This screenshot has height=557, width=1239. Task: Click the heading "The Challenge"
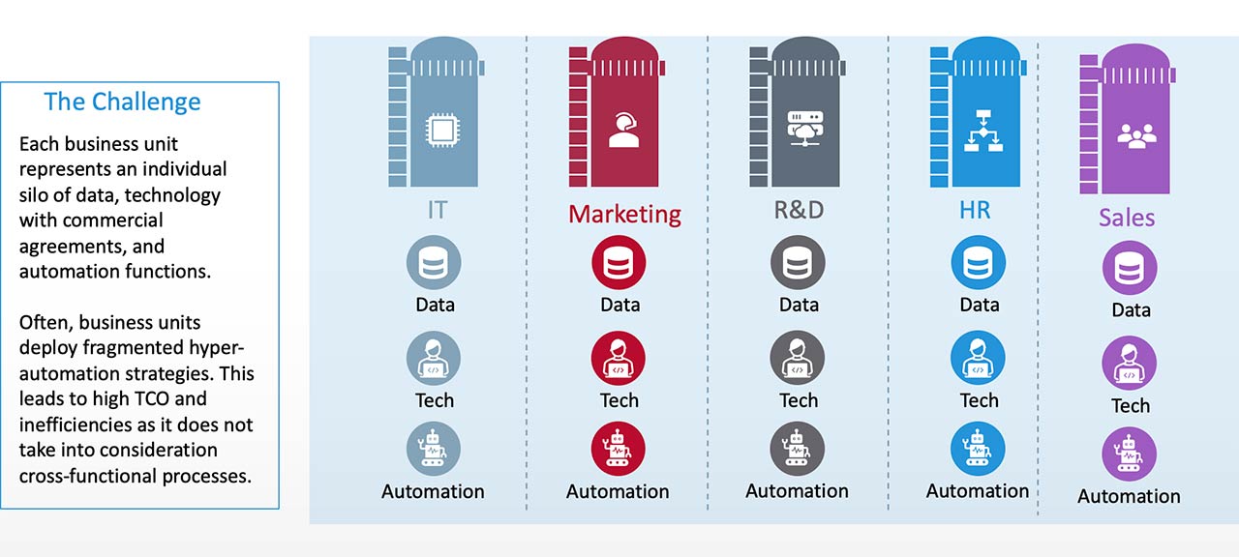pyautogui.click(x=122, y=102)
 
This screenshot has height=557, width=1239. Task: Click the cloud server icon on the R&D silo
pyautogui.click(x=799, y=130)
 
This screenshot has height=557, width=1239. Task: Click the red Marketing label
pyautogui.click(x=624, y=213)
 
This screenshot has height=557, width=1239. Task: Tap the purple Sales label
pyautogui.click(x=1127, y=217)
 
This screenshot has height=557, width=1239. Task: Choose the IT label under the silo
pyautogui.click(x=438, y=210)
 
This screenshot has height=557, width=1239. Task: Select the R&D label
pyautogui.click(x=798, y=211)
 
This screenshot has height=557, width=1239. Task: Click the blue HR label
pyautogui.click(x=975, y=210)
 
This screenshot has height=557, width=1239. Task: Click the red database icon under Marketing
pyautogui.click(x=619, y=263)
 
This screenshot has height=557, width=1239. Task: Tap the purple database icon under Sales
pyautogui.click(x=1130, y=268)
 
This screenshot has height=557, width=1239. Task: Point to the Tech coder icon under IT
pyautogui.click(x=433, y=359)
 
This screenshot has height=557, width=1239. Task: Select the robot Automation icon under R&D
pyautogui.click(x=798, y=449)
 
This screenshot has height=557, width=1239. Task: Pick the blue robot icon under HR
pyautogui.click(x=978, y=449)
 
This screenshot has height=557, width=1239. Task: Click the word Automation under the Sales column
pyautogui.click(x=1129, y=496)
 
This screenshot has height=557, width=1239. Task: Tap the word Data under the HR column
pyautogui.click(x=979, y=305)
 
